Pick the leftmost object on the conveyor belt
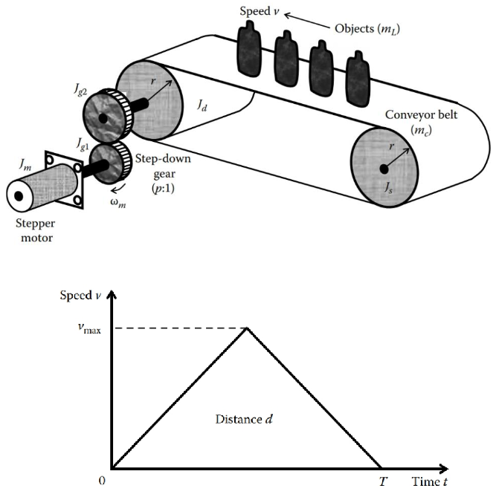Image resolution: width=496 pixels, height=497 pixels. [x=248, y=46]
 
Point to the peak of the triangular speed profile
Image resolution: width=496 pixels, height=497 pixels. [x=248, y=329]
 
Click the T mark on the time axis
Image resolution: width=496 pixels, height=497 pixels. [x=383, y=484]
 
